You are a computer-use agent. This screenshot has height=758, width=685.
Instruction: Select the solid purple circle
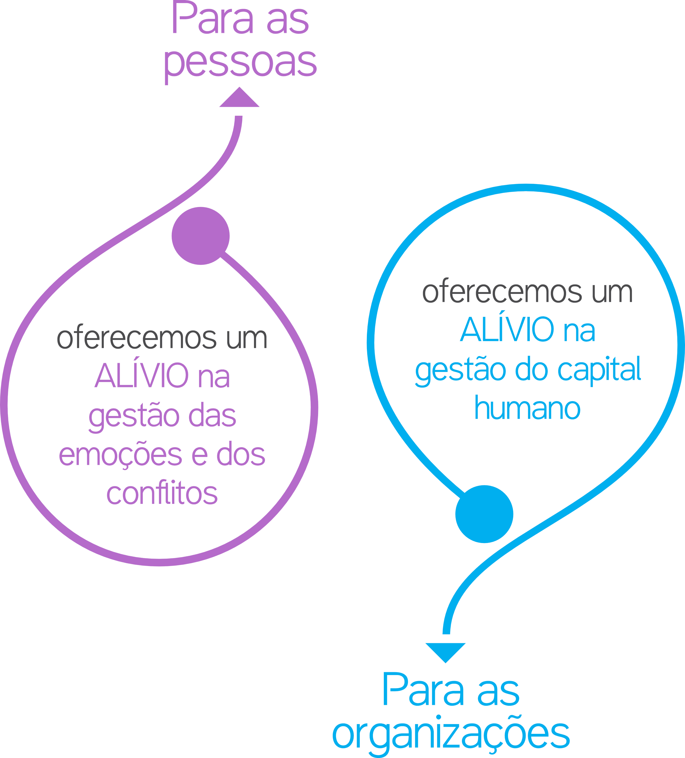pyautogui.click(x=201, y=236)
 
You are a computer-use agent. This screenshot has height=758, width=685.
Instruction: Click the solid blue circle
pyautogui.click(x=484, y=514)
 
